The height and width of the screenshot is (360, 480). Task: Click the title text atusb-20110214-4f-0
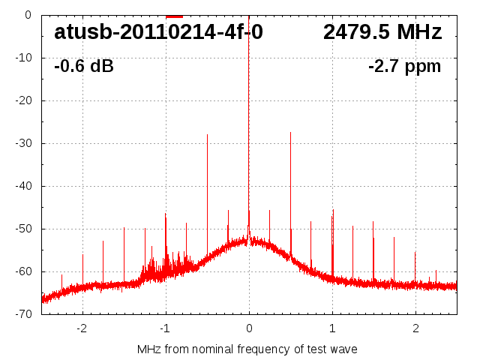[158, 32]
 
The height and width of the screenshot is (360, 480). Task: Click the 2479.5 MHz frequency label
[382, 32]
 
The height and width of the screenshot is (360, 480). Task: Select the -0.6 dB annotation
[84, 67]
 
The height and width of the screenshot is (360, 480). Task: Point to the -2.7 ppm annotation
[405, 67]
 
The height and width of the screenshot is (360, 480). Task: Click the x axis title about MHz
[247, 349]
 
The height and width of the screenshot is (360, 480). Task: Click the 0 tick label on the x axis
[249, 328]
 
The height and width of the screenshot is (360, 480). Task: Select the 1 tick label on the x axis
[332, 328]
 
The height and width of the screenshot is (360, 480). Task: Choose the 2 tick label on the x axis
[415, 328]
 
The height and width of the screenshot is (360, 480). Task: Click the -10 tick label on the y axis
[22, 58]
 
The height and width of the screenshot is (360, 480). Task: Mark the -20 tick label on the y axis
[22, 100]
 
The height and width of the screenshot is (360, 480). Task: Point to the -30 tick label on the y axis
[22, 143]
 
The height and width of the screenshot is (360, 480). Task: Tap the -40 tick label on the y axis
[22, 186]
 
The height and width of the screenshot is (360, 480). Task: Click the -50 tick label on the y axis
[22, 229]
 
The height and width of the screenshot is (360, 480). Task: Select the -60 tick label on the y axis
[22, 271]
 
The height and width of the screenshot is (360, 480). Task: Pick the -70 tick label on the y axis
[22, 314]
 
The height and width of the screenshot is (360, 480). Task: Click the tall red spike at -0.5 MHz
[207, 187]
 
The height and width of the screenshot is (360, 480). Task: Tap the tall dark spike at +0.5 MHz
[290, 187]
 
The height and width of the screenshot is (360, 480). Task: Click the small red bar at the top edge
[174, 16]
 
